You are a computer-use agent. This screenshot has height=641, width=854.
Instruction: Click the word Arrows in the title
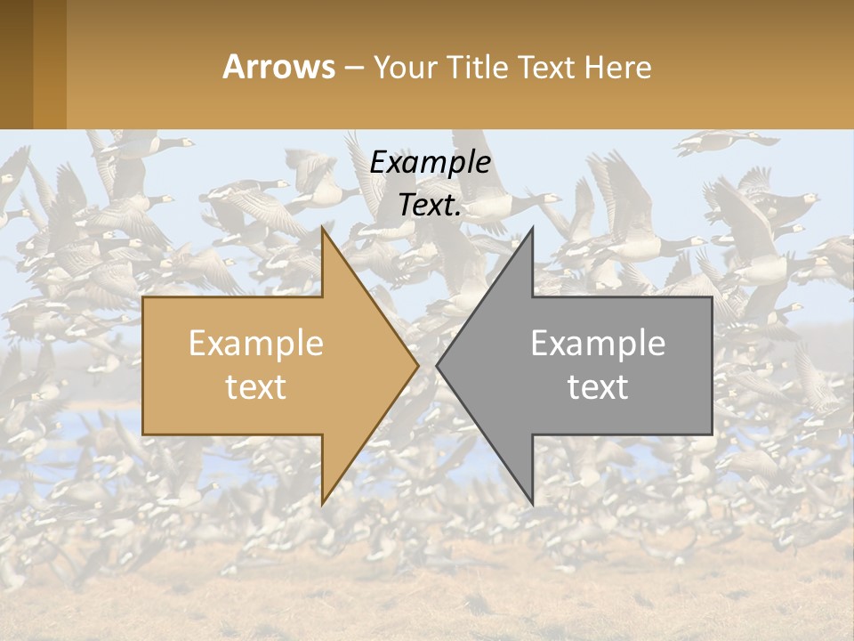278,67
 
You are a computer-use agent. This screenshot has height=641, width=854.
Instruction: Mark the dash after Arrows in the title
353,69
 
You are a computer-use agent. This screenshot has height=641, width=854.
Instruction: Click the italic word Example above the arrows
430,163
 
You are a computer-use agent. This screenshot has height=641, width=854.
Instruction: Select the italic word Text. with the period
430,205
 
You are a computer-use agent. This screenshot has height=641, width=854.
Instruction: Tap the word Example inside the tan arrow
256,344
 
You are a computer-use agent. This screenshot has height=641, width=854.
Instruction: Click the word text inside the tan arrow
256,386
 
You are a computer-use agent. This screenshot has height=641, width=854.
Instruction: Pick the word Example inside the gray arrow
598,344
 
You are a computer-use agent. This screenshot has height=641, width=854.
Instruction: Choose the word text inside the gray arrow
598,386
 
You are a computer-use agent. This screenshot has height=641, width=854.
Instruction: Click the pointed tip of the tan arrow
418,365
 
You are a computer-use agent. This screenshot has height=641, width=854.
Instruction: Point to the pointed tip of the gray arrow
437,365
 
